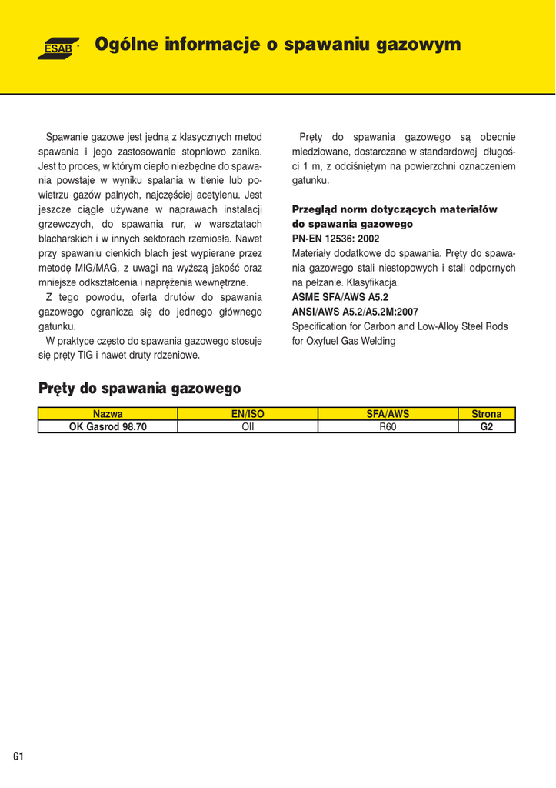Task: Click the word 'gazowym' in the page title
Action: (418, 45)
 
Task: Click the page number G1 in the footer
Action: (18, 756)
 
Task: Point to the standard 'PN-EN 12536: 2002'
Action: (336, 239)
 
